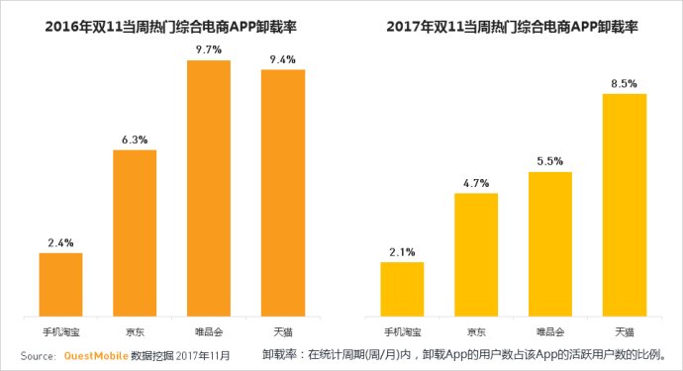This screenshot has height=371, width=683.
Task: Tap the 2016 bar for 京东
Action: tap(135, 232)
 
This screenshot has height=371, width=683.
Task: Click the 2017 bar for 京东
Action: tap(476, 254)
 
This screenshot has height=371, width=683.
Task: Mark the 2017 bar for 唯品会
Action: tap(550, 244)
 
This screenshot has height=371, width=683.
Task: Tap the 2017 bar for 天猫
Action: tap(625, 205)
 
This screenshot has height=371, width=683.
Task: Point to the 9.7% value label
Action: tap(209, 48)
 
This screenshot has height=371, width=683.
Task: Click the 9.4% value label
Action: tap(282, 59)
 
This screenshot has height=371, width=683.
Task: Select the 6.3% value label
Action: tap(135, 139)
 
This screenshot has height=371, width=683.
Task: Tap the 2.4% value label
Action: tap(61, 241)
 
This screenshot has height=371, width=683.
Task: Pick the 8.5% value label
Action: tap(625, 82)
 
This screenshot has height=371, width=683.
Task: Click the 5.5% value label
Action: tap(550, 160)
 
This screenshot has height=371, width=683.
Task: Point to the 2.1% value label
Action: tap(402, 250)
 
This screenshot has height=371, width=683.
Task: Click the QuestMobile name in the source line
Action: tap(96, 354)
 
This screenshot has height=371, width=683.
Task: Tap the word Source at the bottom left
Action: tap(36, 354)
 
